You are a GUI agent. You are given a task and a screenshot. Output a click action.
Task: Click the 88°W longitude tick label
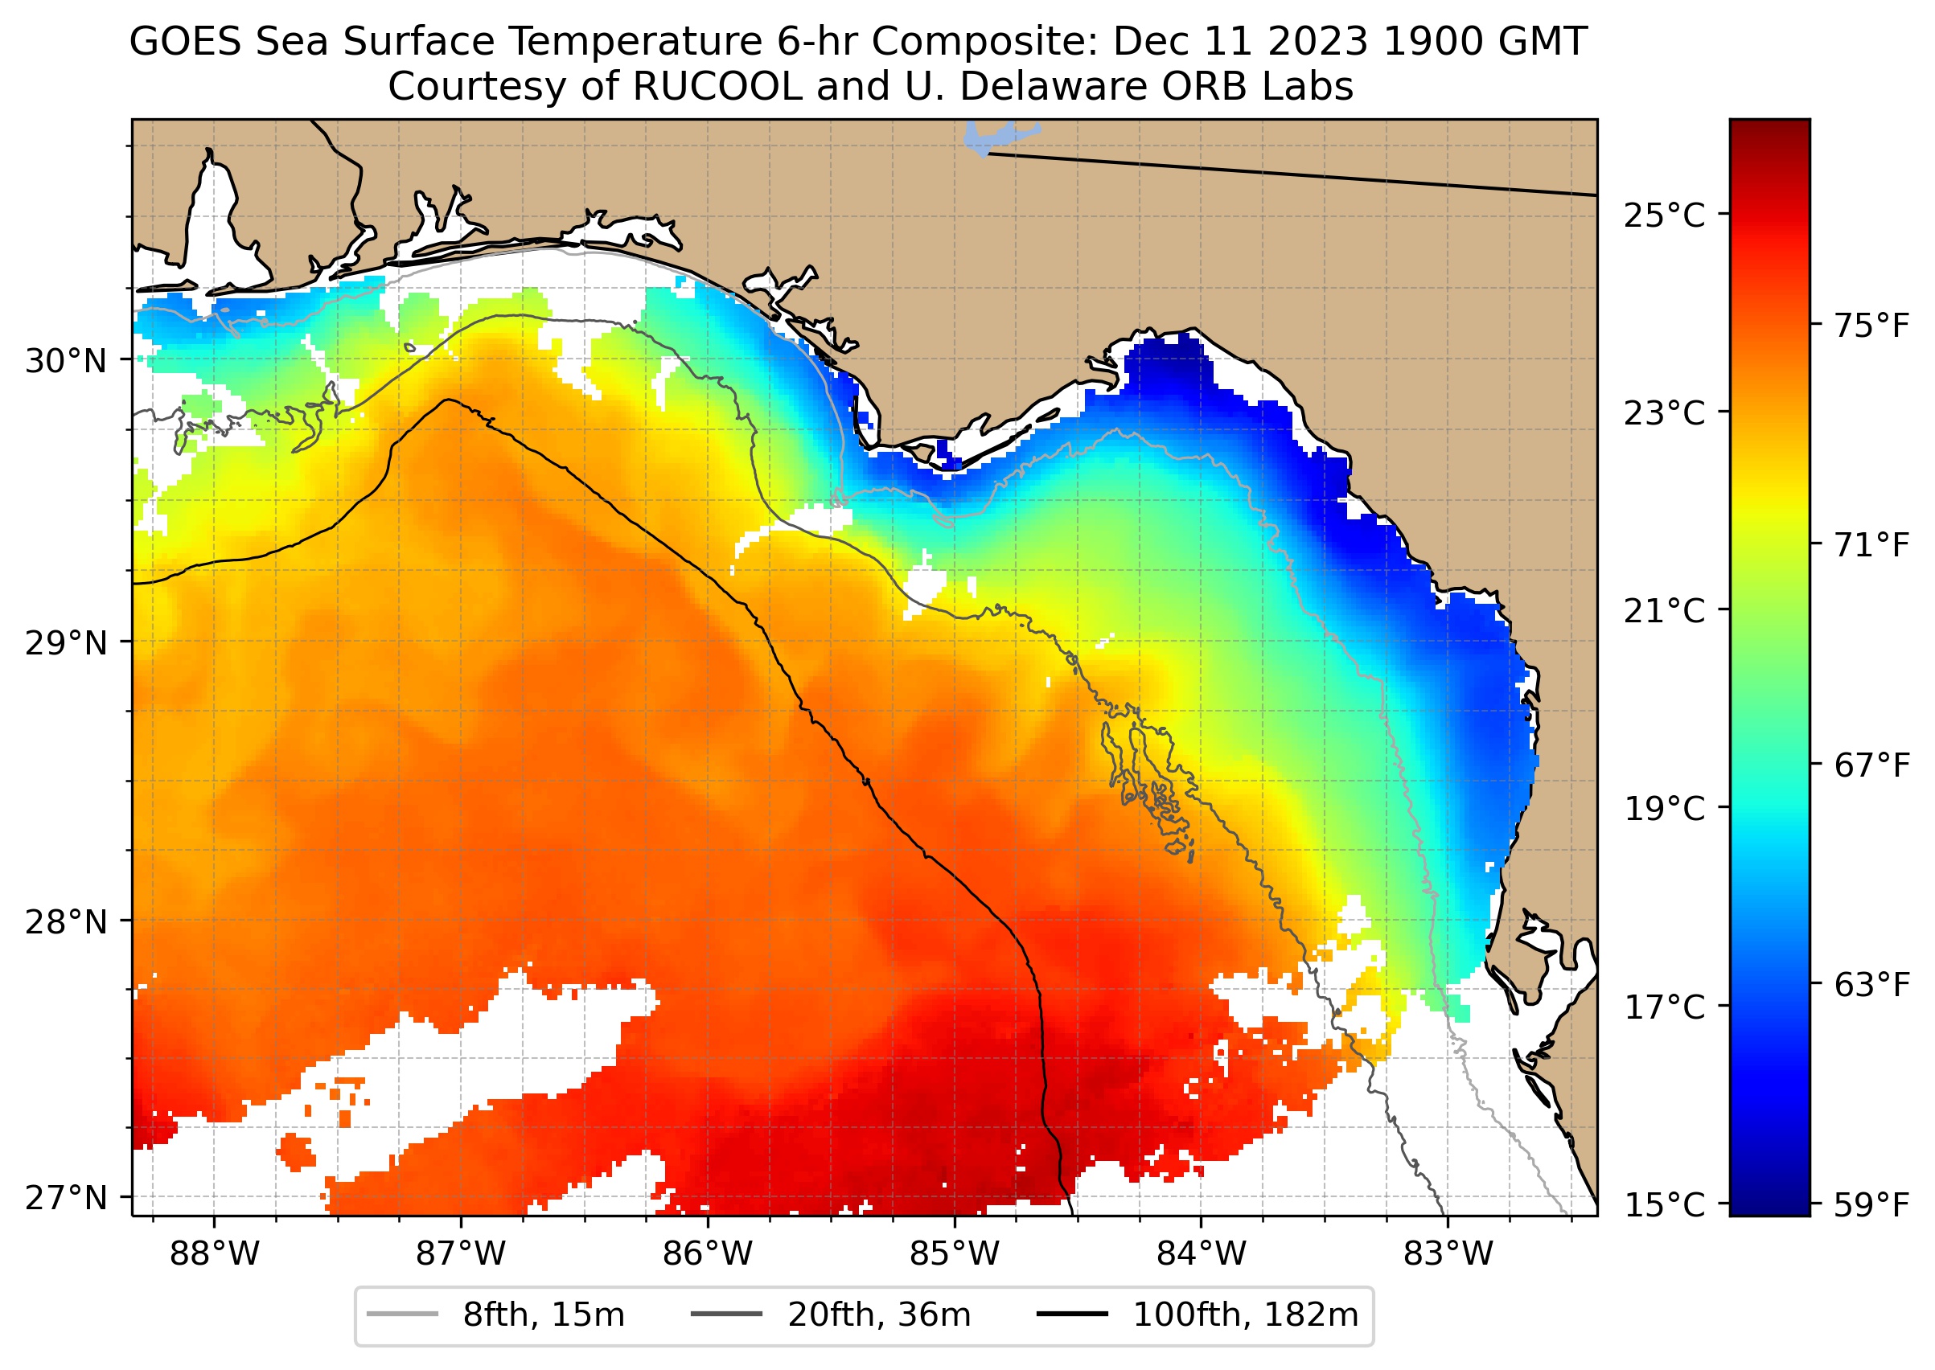pyautogui.click(x=215, y=1253)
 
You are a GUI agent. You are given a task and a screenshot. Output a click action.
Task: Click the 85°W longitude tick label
pyautogui.click(x=955, y=1253)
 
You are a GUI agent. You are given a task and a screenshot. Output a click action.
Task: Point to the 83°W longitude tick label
pyautogui.click(x=1448, y=1253)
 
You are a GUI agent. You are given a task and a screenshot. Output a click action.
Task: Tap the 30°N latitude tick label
pyautogui.click(x=67, y=361)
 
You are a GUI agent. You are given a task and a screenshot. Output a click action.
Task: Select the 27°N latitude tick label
pyautogui.click(x=67, y=1197)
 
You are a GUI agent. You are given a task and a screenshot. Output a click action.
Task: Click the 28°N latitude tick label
pyautogui.click(x=67, y=922)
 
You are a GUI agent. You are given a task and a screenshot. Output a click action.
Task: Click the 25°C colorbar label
pyautogui.click(x=1664, y=215)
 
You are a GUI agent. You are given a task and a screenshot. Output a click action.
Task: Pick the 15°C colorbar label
pyautogui.click(x=1664, y=1204)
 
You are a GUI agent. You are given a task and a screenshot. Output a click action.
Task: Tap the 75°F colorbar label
pyautogui.click(x=1871, y=325)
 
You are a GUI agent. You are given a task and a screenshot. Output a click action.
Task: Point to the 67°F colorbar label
pyautogui.click(x=1871, y=765)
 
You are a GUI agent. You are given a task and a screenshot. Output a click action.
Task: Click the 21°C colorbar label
pyautogui.click(x=1664, y=611)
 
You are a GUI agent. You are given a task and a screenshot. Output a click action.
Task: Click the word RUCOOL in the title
pyautogui.click(x=717, y=86)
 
